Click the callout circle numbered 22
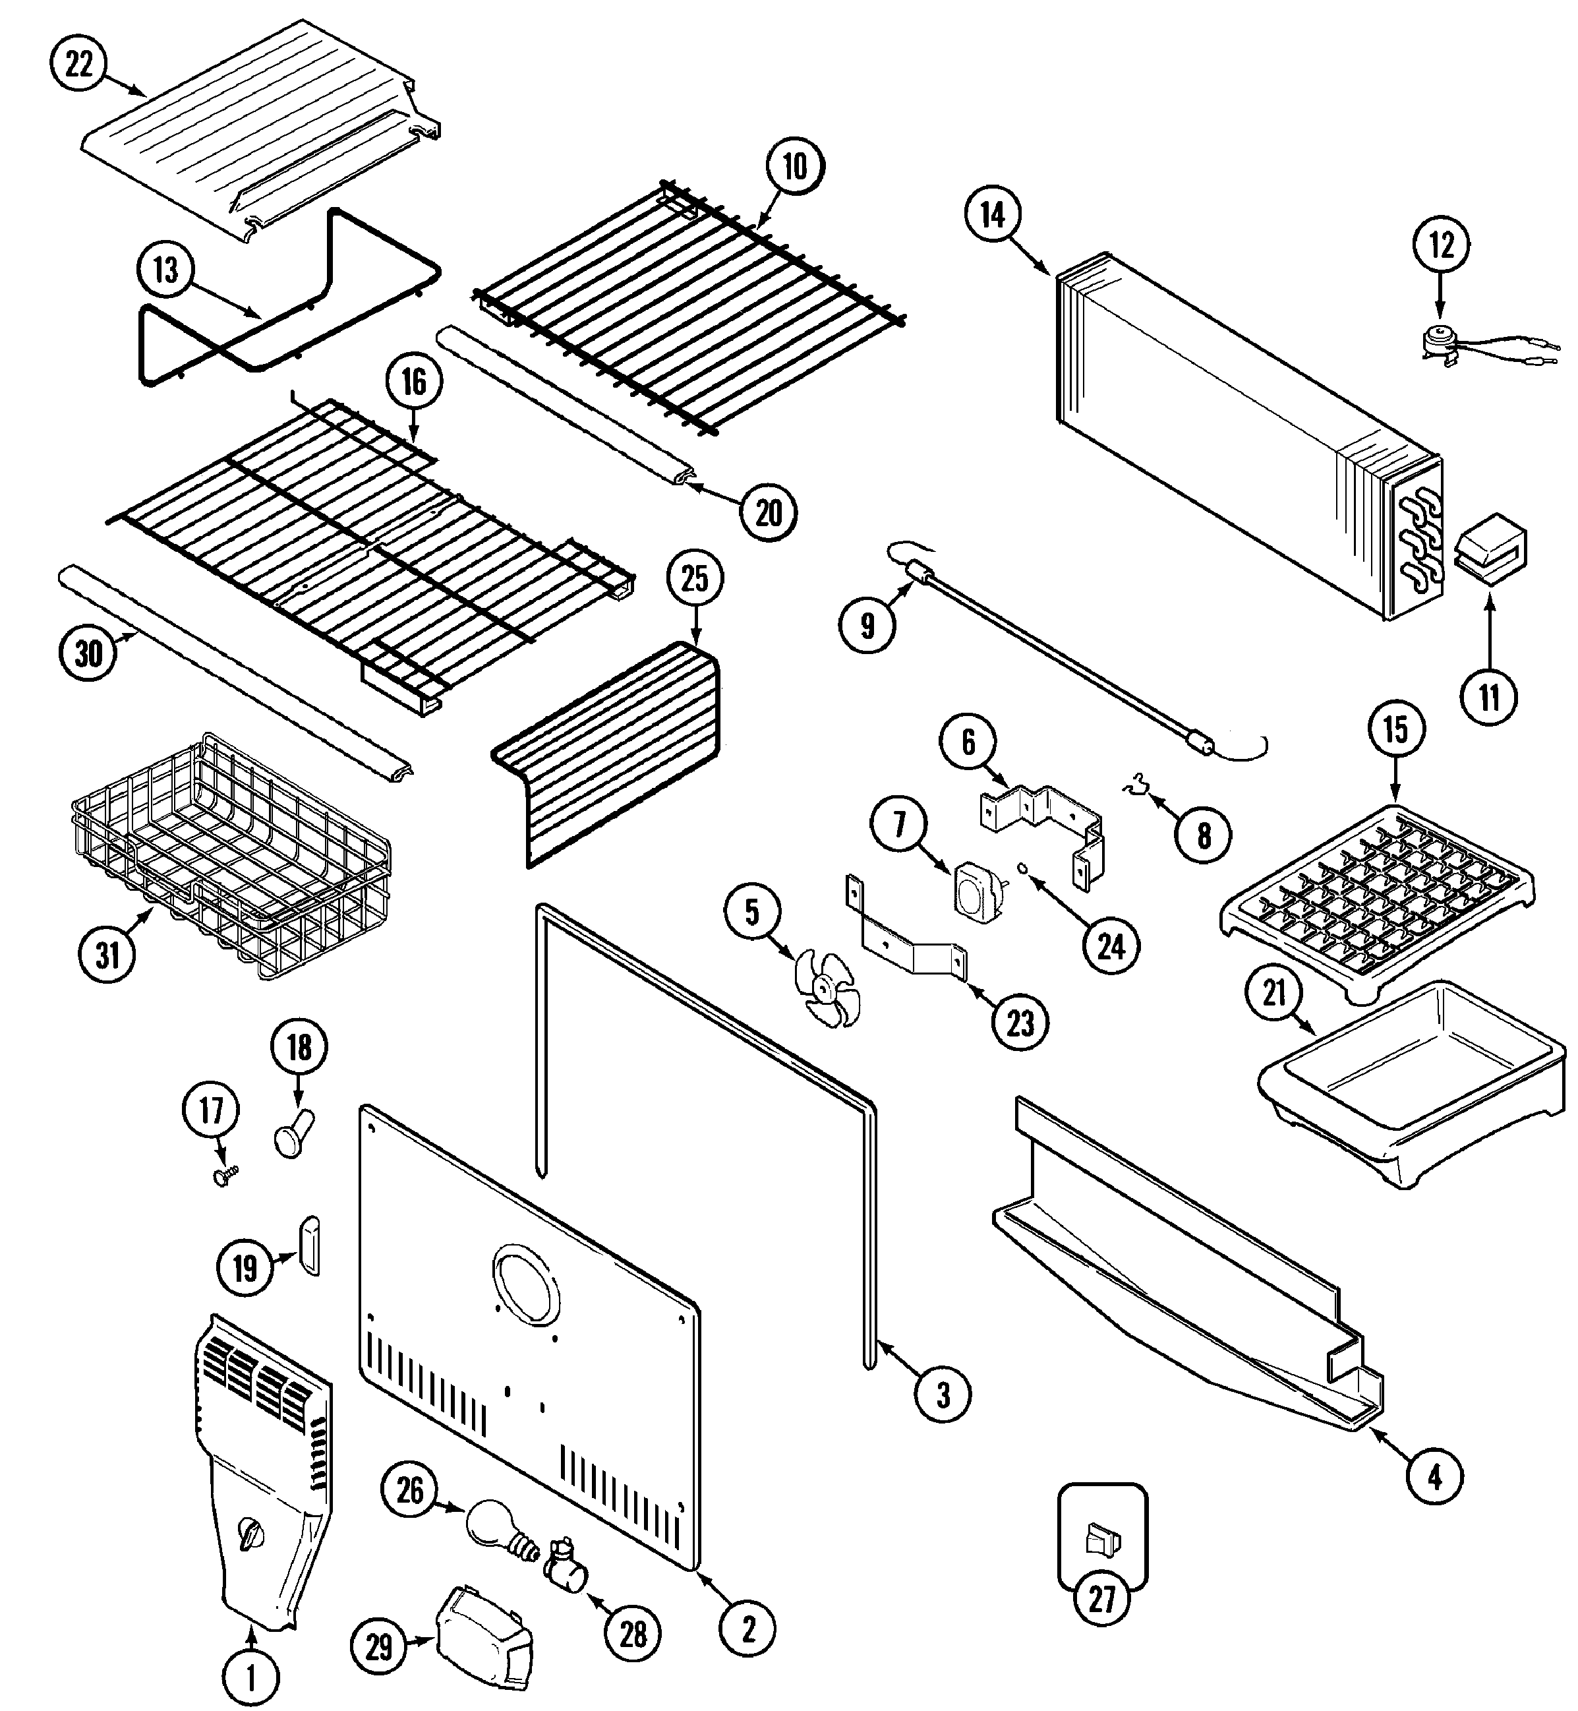click(x=78, y=64)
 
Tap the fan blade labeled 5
click(x=825, y=989)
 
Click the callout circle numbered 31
click(x=107, y=954)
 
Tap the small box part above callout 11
click(x=1490, y=555)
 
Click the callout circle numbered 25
click(x=695, y=578)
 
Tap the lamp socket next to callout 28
click(x=566, y=1564)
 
